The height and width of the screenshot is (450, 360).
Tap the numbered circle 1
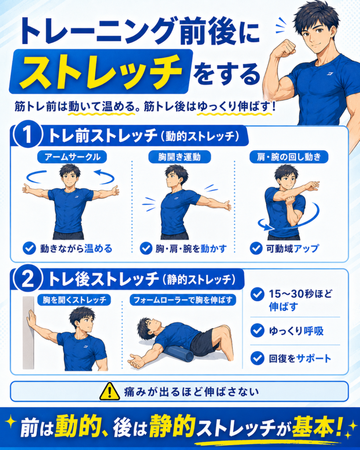tap(28, 135)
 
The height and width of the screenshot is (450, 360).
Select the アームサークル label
tap(72, 157)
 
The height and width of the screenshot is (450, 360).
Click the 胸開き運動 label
tap(179, 157)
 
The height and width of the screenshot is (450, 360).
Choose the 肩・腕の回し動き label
tap(288, 157)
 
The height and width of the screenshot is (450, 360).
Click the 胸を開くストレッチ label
tap(74, 300)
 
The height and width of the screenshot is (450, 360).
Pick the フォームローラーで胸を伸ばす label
tap(183, 300)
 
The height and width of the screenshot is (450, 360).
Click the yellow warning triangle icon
tap(109, 392)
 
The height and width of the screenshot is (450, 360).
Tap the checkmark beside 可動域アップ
tap(256, 248)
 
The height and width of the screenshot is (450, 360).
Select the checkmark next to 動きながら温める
tap(29, 248)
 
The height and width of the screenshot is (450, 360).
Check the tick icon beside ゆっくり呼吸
tap(257, 330)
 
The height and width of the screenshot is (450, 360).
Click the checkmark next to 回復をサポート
tap(257, 358)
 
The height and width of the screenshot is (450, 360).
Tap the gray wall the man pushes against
tap(28, 333)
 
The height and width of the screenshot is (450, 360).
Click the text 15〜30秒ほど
tap(300, 294)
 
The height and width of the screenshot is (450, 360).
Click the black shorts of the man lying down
tap(204, 343)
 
